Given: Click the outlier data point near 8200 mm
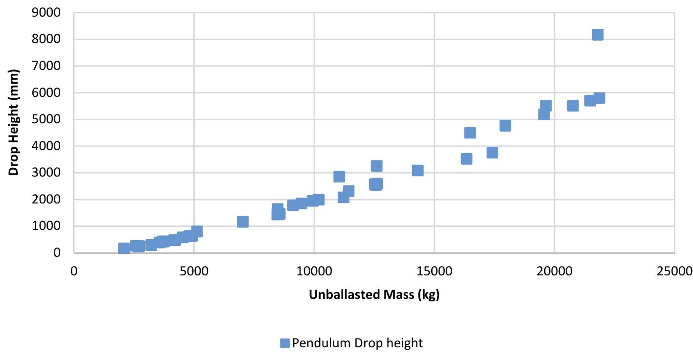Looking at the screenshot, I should tap(598, 35).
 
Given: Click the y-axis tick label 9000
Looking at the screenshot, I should tap(47, 13).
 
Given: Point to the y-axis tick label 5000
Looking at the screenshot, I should tap(47, 119).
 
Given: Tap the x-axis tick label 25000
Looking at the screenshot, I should tap(674, 270).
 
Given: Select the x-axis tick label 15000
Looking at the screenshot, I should tap(434, 270).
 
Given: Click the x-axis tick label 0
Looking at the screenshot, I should tap(74, 270).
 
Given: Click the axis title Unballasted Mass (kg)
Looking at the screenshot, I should tap(374, 295).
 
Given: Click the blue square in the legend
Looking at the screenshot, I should tap(285, 343).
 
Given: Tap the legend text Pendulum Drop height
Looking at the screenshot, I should tap(357, 343).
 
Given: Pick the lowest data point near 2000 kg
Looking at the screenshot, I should tap(124, 248).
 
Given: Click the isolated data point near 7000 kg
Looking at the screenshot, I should tap(243, 222).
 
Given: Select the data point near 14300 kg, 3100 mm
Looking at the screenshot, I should tap(417, 170).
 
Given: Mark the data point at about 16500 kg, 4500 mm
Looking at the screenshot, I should tap(470, 133).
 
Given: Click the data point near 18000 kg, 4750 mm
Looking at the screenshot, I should tap(505, 126).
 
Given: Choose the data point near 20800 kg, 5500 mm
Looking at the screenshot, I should tap(573, 106).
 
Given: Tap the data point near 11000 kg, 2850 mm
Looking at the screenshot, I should tap(339, 177).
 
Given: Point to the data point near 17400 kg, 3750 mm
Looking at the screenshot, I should tap(492, 153).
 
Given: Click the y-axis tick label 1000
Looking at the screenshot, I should tap(47, 226).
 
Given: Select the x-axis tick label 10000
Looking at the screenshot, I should tap(314, 270).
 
